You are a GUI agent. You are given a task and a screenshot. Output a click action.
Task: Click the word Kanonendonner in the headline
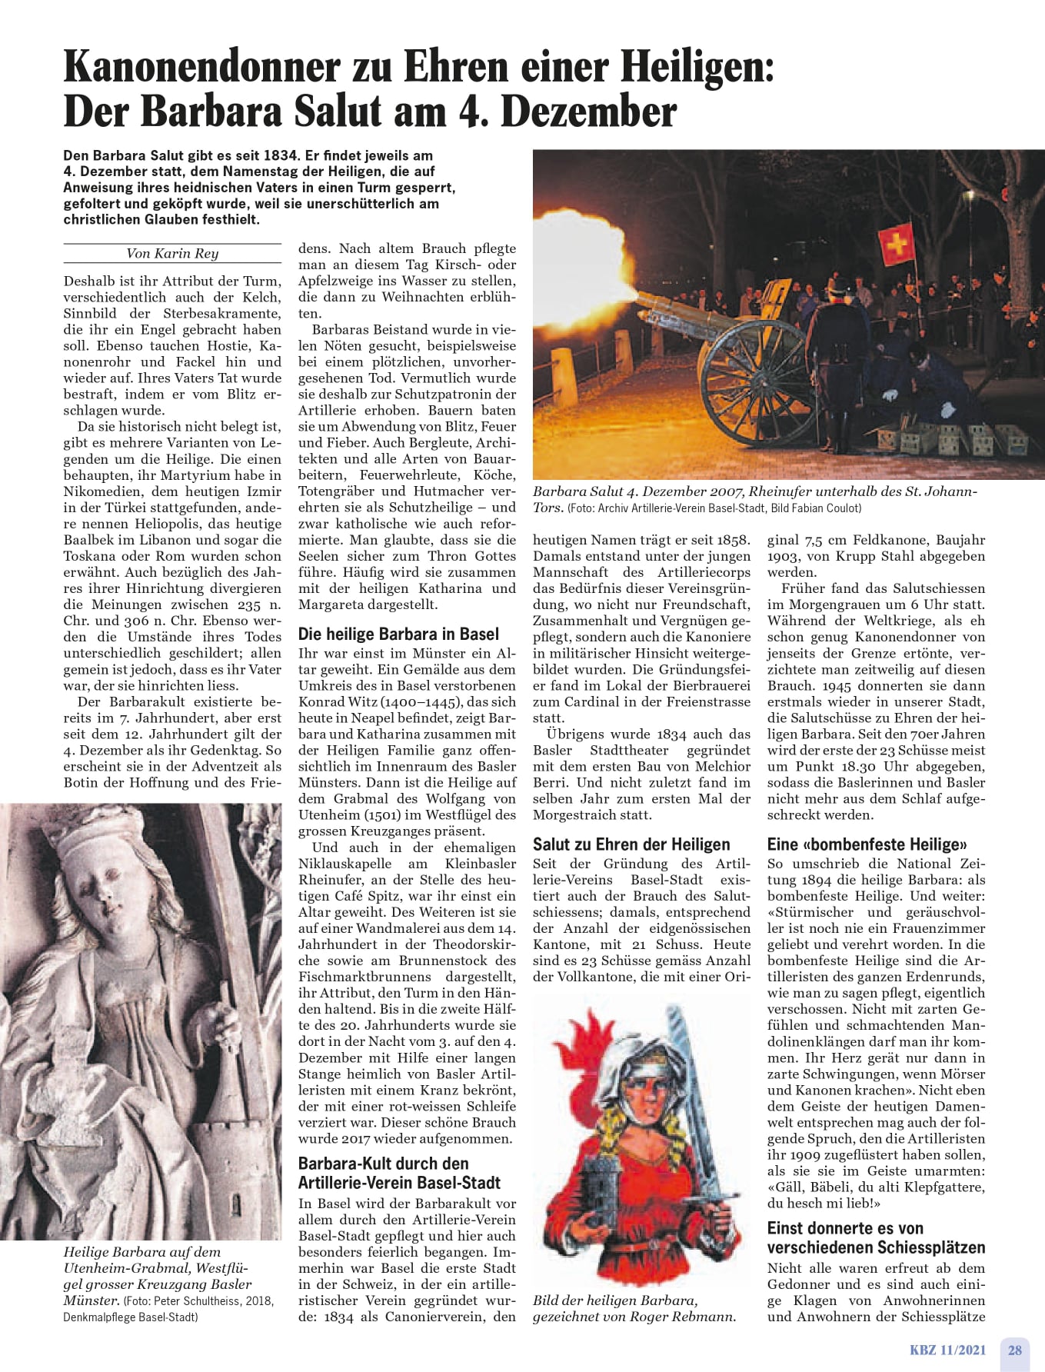pyautogui.click(x=201, y=68)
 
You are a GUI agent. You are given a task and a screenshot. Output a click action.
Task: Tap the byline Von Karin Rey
pyautogui.click(x=172, y=253)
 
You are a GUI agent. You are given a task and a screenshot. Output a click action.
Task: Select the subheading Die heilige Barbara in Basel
pyautogui.click(x=398, y=634)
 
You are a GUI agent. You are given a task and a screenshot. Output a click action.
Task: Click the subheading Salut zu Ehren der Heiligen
pyautogui.click(x=631, y=844)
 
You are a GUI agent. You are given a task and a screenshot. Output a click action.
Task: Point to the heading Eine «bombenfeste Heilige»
pyautogui.click(x=867, y=844)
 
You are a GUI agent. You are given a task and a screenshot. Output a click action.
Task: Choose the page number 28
pyautogui.click(x=1015, y=1350)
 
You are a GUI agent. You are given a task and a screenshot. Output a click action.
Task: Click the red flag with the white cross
pyautogui.click(x=897, y=243)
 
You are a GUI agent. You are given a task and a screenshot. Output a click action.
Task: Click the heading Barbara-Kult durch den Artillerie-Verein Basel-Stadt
pyautogui.click(x=399, y=1173)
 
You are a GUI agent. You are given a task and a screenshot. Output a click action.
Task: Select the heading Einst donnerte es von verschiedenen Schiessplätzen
pyautogui.click(x=876, y=1237)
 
